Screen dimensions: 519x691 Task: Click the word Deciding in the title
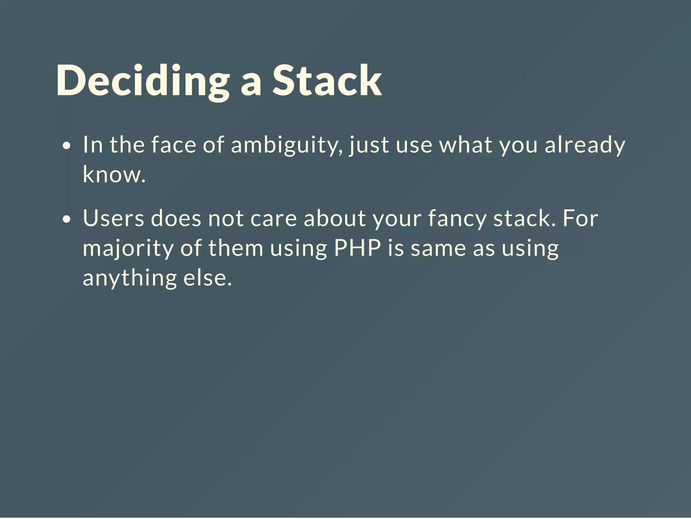[x=143, y=81]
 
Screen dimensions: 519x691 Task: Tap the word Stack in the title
[x=327, y=81]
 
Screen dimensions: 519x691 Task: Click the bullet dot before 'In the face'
[x=67, y=146]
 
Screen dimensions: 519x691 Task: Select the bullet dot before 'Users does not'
[x=67, y=219]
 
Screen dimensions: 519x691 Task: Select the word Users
[x=113, y=218]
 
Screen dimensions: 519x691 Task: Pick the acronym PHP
[x=357, y=248]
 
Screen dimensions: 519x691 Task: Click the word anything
[x=130, y=278]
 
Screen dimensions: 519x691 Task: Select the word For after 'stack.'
[x=580, y=218]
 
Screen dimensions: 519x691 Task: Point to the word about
[x=334, y=218]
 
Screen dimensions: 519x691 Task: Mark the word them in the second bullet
[x=236, y=248]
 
